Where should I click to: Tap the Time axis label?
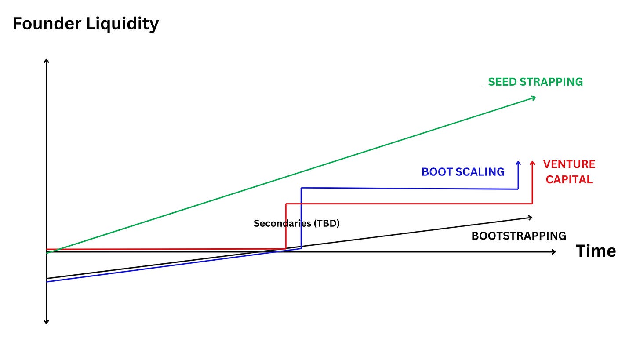tap(596, 251)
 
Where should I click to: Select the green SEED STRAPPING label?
tap(535, 82)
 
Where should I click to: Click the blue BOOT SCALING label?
tap(463, 172)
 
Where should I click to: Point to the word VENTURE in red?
tap(569, 164)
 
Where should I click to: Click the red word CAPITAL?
tap(569, 179)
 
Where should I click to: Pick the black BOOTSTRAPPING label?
tap(519, 236)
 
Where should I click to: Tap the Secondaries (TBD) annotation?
tap(297, 223)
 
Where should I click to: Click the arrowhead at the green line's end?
tap(533, 98)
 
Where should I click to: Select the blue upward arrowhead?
tap(518, 163)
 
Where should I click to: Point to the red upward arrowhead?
tap(532, 163)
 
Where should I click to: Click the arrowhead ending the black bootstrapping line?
tap(530, 217)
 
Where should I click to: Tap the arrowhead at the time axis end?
tap(553, 251)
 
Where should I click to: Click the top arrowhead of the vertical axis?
tap(46, 61)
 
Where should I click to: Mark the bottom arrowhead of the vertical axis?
tap(46, 321)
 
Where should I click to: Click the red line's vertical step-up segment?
tap(286, 226)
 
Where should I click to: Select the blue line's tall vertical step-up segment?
tap(301, 218)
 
